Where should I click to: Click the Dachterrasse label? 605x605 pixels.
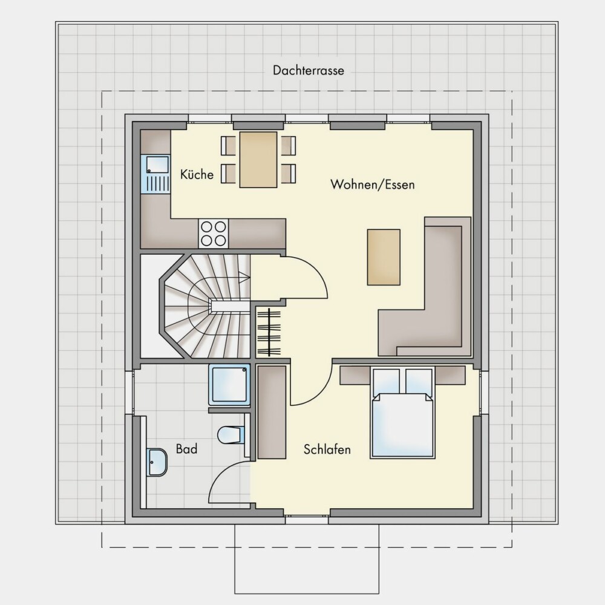309,71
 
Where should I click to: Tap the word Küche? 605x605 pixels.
197,174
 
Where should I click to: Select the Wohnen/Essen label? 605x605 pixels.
372,185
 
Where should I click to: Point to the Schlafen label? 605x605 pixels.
327,450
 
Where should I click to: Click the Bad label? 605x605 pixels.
186,449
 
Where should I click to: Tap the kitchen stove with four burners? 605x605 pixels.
214,234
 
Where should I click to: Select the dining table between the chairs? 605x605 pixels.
258,160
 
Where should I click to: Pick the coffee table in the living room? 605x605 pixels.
384,257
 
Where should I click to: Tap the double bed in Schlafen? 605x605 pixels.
402,413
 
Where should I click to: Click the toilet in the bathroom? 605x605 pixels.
231,435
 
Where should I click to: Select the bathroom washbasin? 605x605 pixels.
157,462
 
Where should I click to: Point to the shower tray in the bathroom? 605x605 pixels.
229,385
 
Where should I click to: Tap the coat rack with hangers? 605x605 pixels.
269,332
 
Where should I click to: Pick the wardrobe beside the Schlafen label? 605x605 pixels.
272,412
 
